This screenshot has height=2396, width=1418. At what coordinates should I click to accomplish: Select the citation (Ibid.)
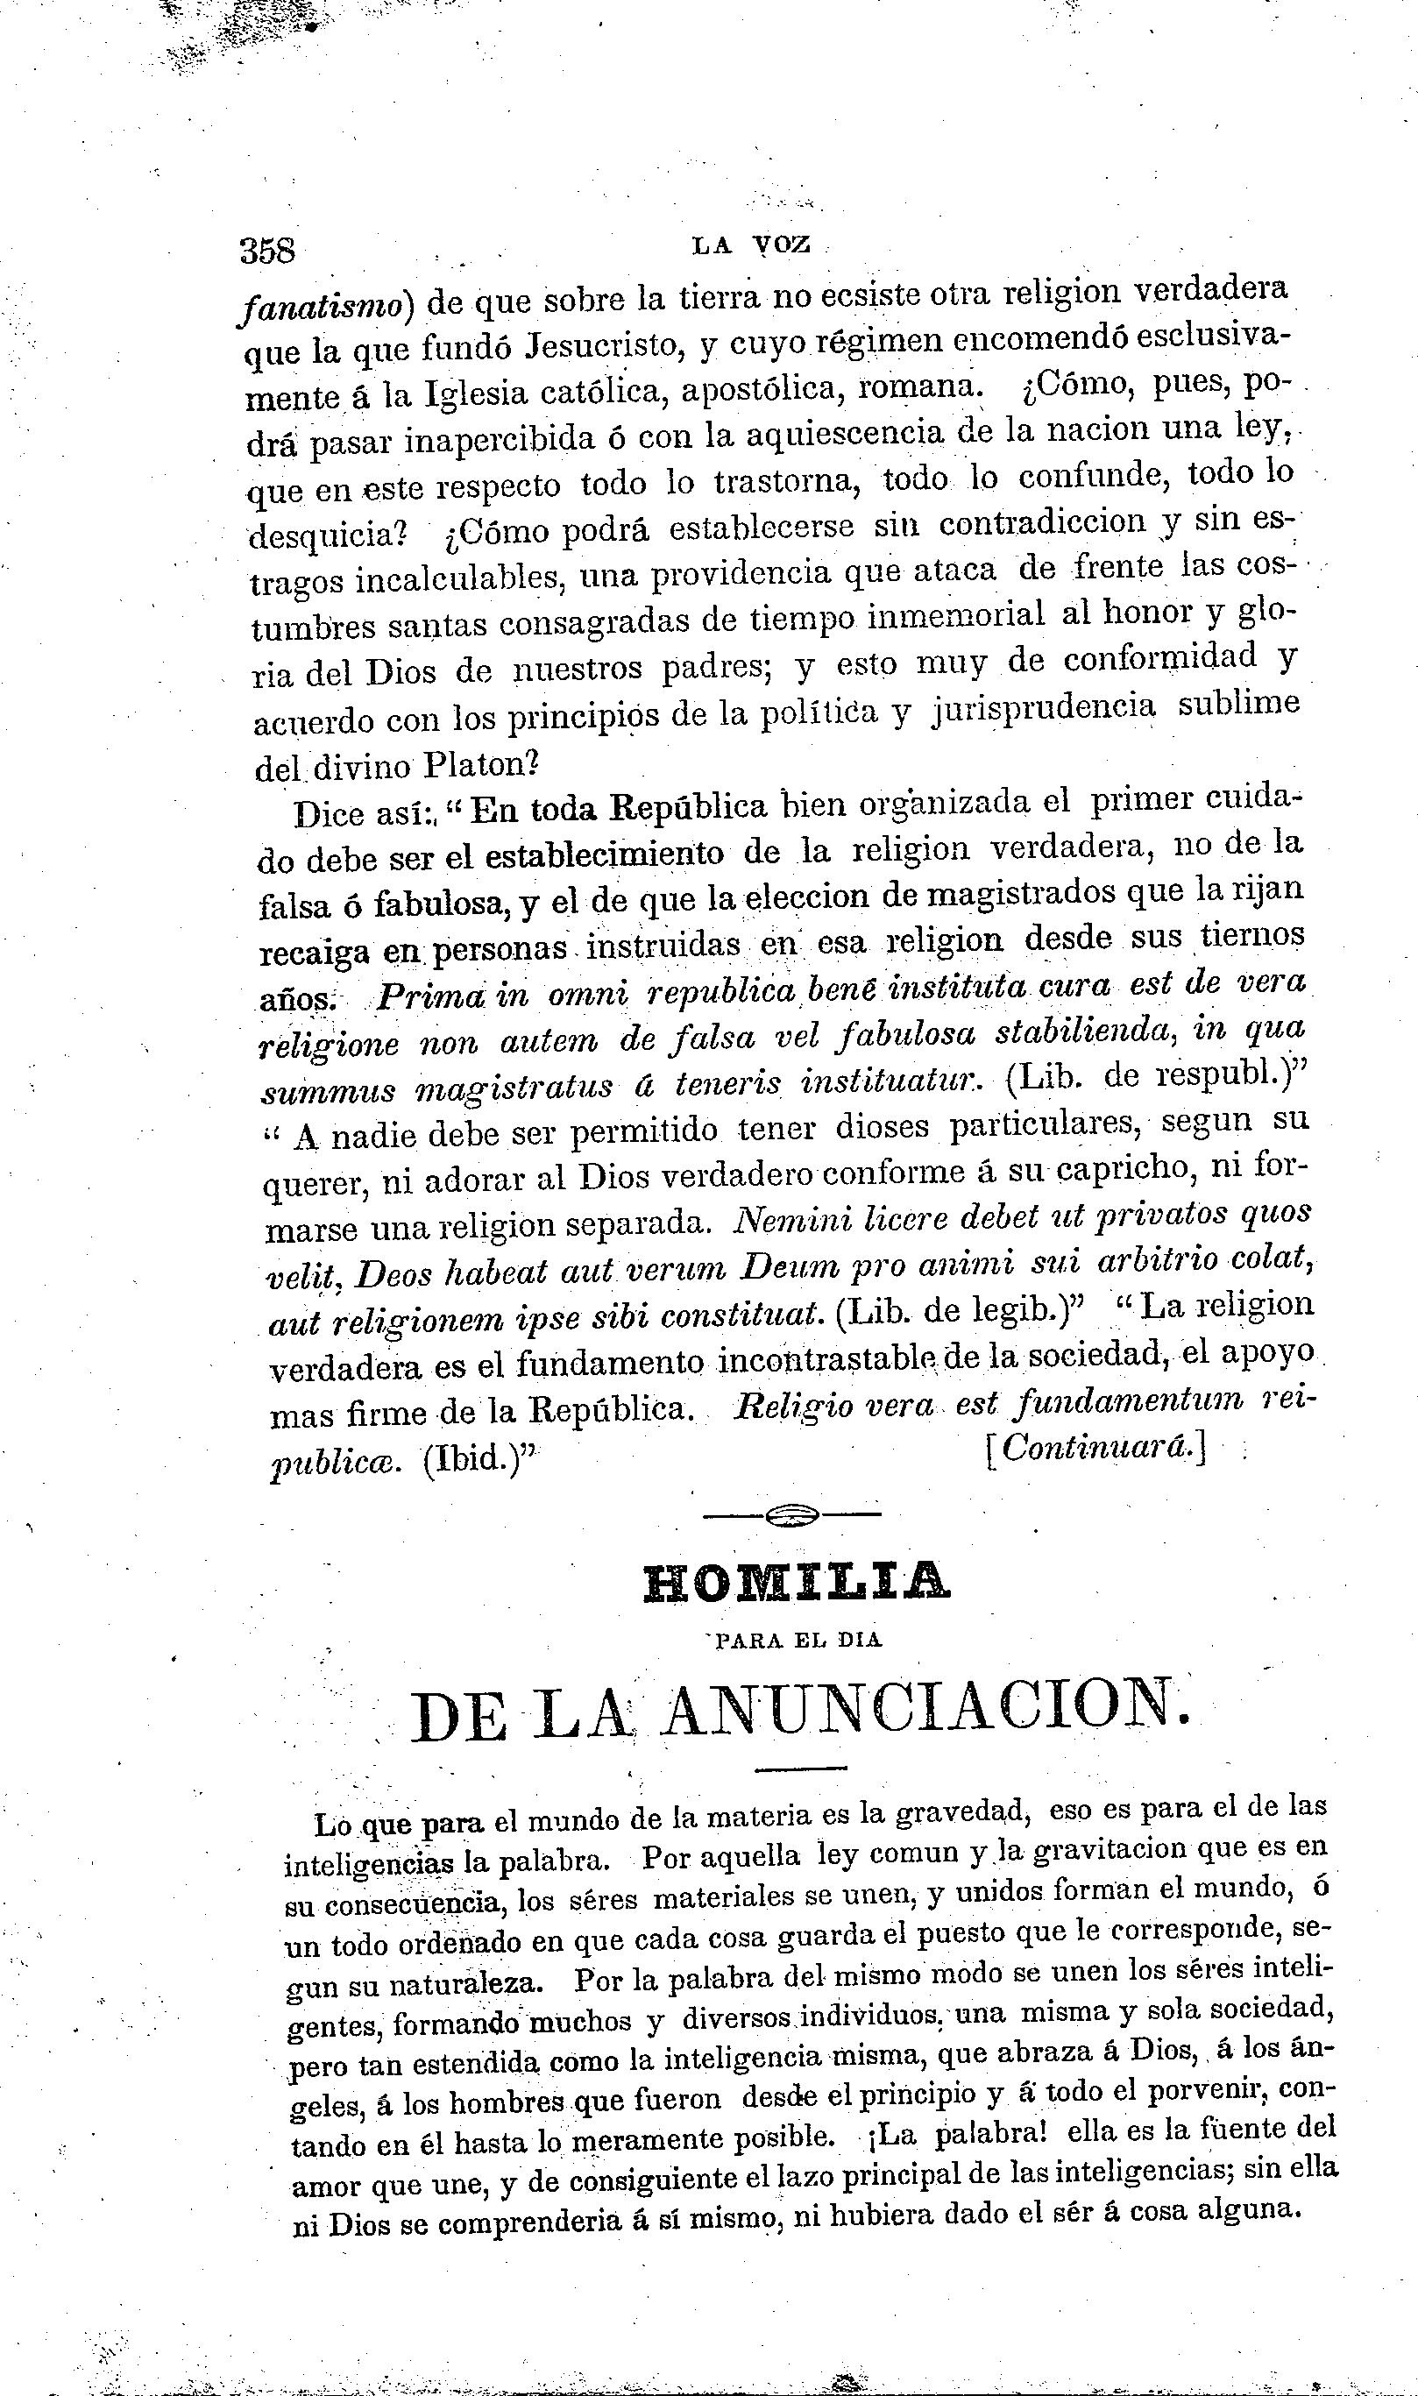coord(479,1462)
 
